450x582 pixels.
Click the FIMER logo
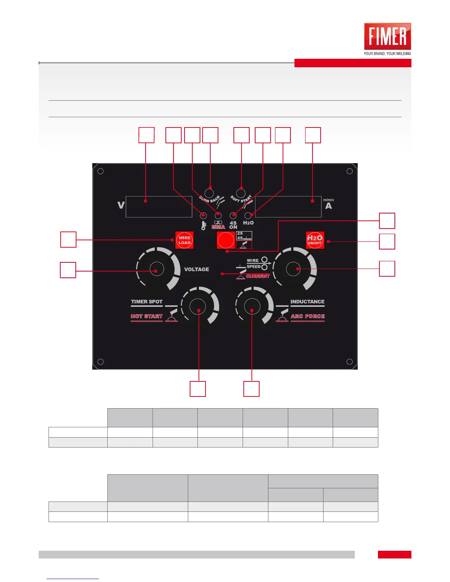pyautogui.click(x=387, y=37)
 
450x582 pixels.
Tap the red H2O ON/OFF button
pyautogui.click(x=315, y=240)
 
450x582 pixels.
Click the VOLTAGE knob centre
pyautogui.click(x=156, y=269)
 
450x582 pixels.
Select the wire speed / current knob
pyautogui.click(x=293, y=269)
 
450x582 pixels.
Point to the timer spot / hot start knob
pyautogui.click(x=198, y=306)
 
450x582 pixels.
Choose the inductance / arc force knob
pyautogui.click(x=252, y=306)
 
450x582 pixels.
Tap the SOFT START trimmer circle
pyautogui.click(x=241, y=193)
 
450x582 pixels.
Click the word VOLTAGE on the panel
pyautogui.click(x=196, y=269)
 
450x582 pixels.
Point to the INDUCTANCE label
pyautogui.click(x=307, y=302)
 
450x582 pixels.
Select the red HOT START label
pyautogui.click(x=147, y=316)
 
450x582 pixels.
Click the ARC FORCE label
pyautogui.click(x=308, y=316)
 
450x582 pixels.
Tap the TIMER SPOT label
pyautogui.click(x=147, y=302)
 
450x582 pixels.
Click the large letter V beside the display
pyautogui.click(x=121, y=205)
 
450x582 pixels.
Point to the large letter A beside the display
pyautogui.click(x=328, y=206)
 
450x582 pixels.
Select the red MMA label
pyautogui.click(x=218, y=227)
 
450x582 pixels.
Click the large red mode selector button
pyautogui.click(x=226, y=240)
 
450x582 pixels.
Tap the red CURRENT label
pyautogui.click(x=258, y=276)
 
